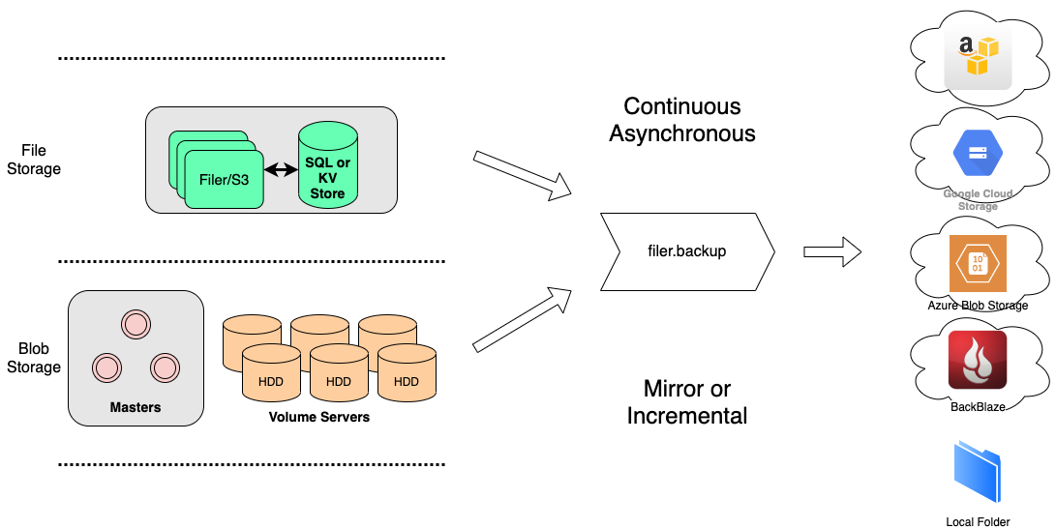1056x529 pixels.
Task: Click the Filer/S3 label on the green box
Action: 224,180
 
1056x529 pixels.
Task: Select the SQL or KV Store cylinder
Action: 327,165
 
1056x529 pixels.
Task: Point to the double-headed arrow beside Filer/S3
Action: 281,170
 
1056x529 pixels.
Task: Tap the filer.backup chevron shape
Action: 687,251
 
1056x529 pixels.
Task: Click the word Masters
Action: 136,407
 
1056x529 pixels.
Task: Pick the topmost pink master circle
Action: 136,324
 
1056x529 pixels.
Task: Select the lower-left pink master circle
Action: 106,367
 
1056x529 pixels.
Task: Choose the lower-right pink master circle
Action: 165,367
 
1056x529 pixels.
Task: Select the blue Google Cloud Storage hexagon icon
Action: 978,154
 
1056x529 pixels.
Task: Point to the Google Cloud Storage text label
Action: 978,199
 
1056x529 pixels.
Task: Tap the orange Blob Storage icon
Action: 978,263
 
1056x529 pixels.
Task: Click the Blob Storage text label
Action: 986,306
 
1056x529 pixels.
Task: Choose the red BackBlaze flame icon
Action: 978,360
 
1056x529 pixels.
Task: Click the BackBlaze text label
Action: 978,407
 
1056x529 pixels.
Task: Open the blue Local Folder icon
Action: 978,472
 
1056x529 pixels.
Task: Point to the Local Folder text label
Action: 978,522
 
